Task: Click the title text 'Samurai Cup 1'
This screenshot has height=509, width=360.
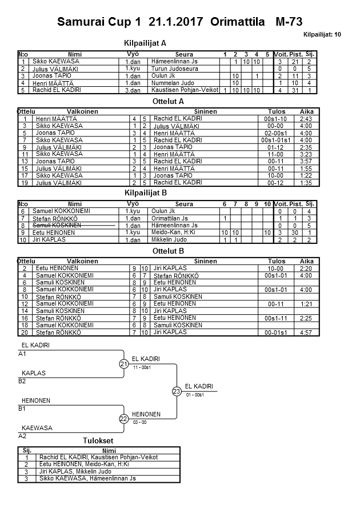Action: click(x=99, y=22)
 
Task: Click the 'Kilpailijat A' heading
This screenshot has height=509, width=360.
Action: click(x=145, y=43)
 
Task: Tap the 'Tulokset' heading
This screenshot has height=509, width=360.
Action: click(x=98, y=440)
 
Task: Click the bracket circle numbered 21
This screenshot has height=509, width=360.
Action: click(x=124, y=364)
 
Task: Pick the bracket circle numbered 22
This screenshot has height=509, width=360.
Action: click(x=124, y=419)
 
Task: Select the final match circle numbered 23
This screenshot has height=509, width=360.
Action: click(x=177, y=391)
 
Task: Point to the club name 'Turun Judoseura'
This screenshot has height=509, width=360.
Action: click(x=175, y=69)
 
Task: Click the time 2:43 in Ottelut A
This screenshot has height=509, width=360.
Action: click(x=306, y=119)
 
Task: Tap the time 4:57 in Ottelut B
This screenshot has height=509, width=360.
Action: click(x=306, y=332)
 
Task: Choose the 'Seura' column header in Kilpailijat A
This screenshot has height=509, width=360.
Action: click(x=183, y=54)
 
